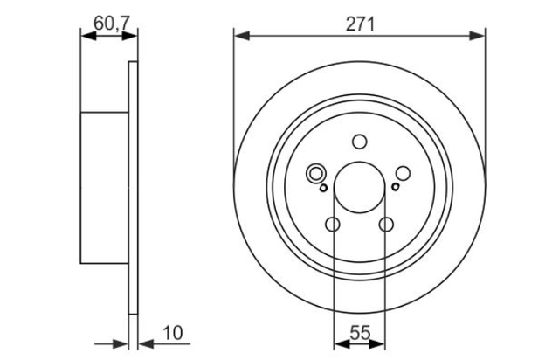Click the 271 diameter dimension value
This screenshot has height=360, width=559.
tap(361, 25)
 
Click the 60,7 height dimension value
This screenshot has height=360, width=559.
tap(111, 24)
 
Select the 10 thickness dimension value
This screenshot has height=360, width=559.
tap(173, 333)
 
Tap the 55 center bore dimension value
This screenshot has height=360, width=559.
tap(360, 333)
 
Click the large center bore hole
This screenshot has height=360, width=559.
tap(359, 187)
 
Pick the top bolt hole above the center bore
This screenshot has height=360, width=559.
tap(359, 142)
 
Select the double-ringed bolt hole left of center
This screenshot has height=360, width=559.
tap(315, 174)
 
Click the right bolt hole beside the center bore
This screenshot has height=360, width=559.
tap(404, 173)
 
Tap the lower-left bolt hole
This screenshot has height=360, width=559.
tap(333, 225)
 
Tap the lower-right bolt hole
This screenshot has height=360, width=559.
tap(386, 225)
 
